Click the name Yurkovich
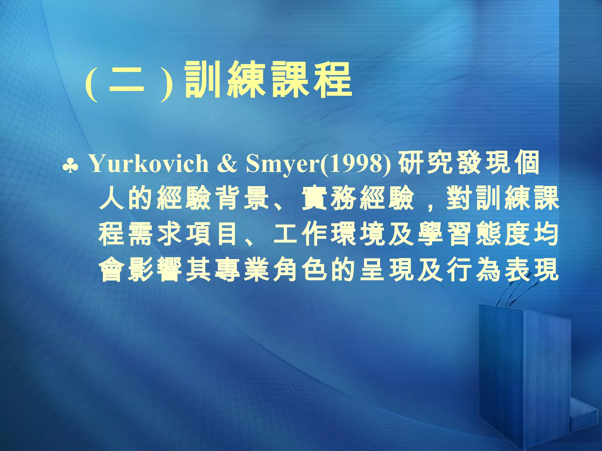(148, 164)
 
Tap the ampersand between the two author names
(227, 164)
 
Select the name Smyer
(282, 164)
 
